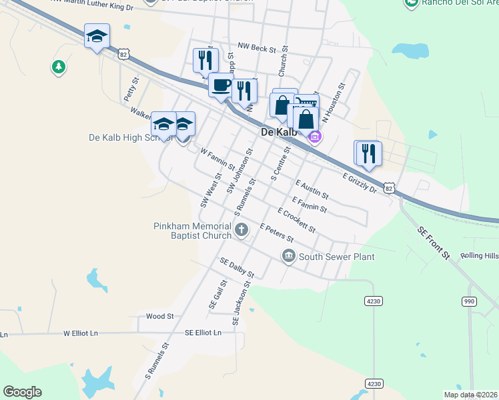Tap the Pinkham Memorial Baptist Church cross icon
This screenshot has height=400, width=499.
(241, 231)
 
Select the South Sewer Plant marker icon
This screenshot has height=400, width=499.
(288, 256)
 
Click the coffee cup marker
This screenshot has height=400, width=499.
(220, 85)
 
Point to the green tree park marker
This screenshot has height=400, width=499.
(59, 67)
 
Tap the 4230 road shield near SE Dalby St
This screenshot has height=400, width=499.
(374, 301)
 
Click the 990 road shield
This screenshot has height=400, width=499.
(470, 301)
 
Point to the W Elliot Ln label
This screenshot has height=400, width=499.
(81, 333)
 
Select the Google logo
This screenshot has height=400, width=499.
(22, 392)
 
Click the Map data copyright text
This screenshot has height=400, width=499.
(470, 395)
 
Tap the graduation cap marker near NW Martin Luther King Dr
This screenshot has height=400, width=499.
(97, 36)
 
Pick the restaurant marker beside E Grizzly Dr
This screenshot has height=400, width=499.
(368, 153)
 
